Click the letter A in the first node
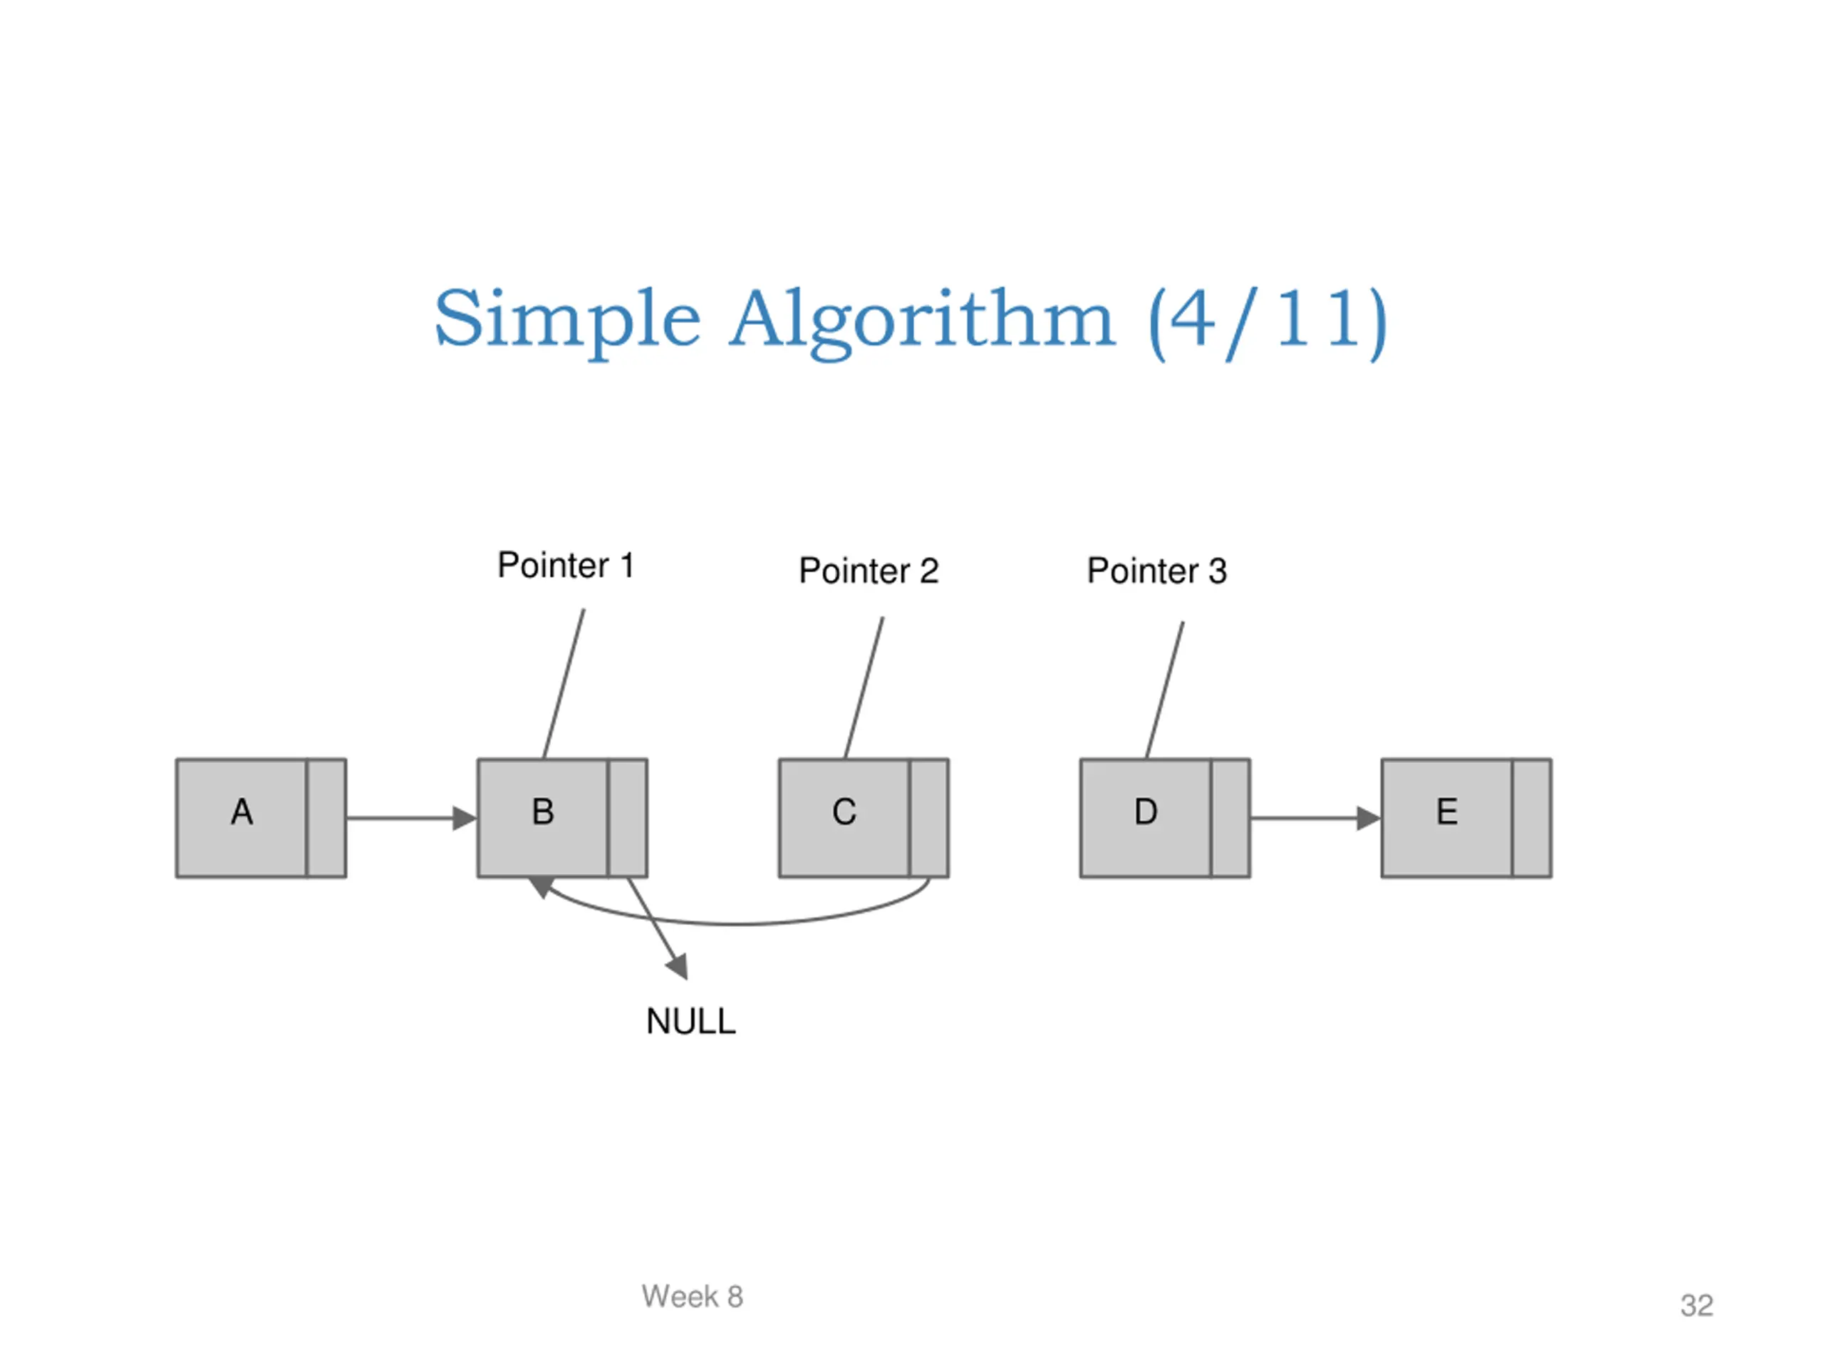[x=242, y=812]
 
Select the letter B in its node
[x=543, y=812]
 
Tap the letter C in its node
[x=844, y=812]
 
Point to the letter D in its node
[x=1146, y=812]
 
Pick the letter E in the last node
[x=1447, y=812]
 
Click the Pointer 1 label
[x=566, y=566]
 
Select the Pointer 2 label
[x=869, y=571]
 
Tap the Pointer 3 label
[x=1157, y=571]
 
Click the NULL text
[x=691, y=1022]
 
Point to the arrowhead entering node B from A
[x=465, y=818]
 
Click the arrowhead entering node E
[x=1369, y=818]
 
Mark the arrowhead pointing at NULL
[x=678, y=966]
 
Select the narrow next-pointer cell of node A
[x=326, y=818]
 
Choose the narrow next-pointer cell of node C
[x=929, y=818]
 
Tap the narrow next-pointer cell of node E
[x=1532, y=818]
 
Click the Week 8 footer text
[x=693, y=1296]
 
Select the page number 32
[x=1697, y=1305]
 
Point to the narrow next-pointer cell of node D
[x=1230, y=818]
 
